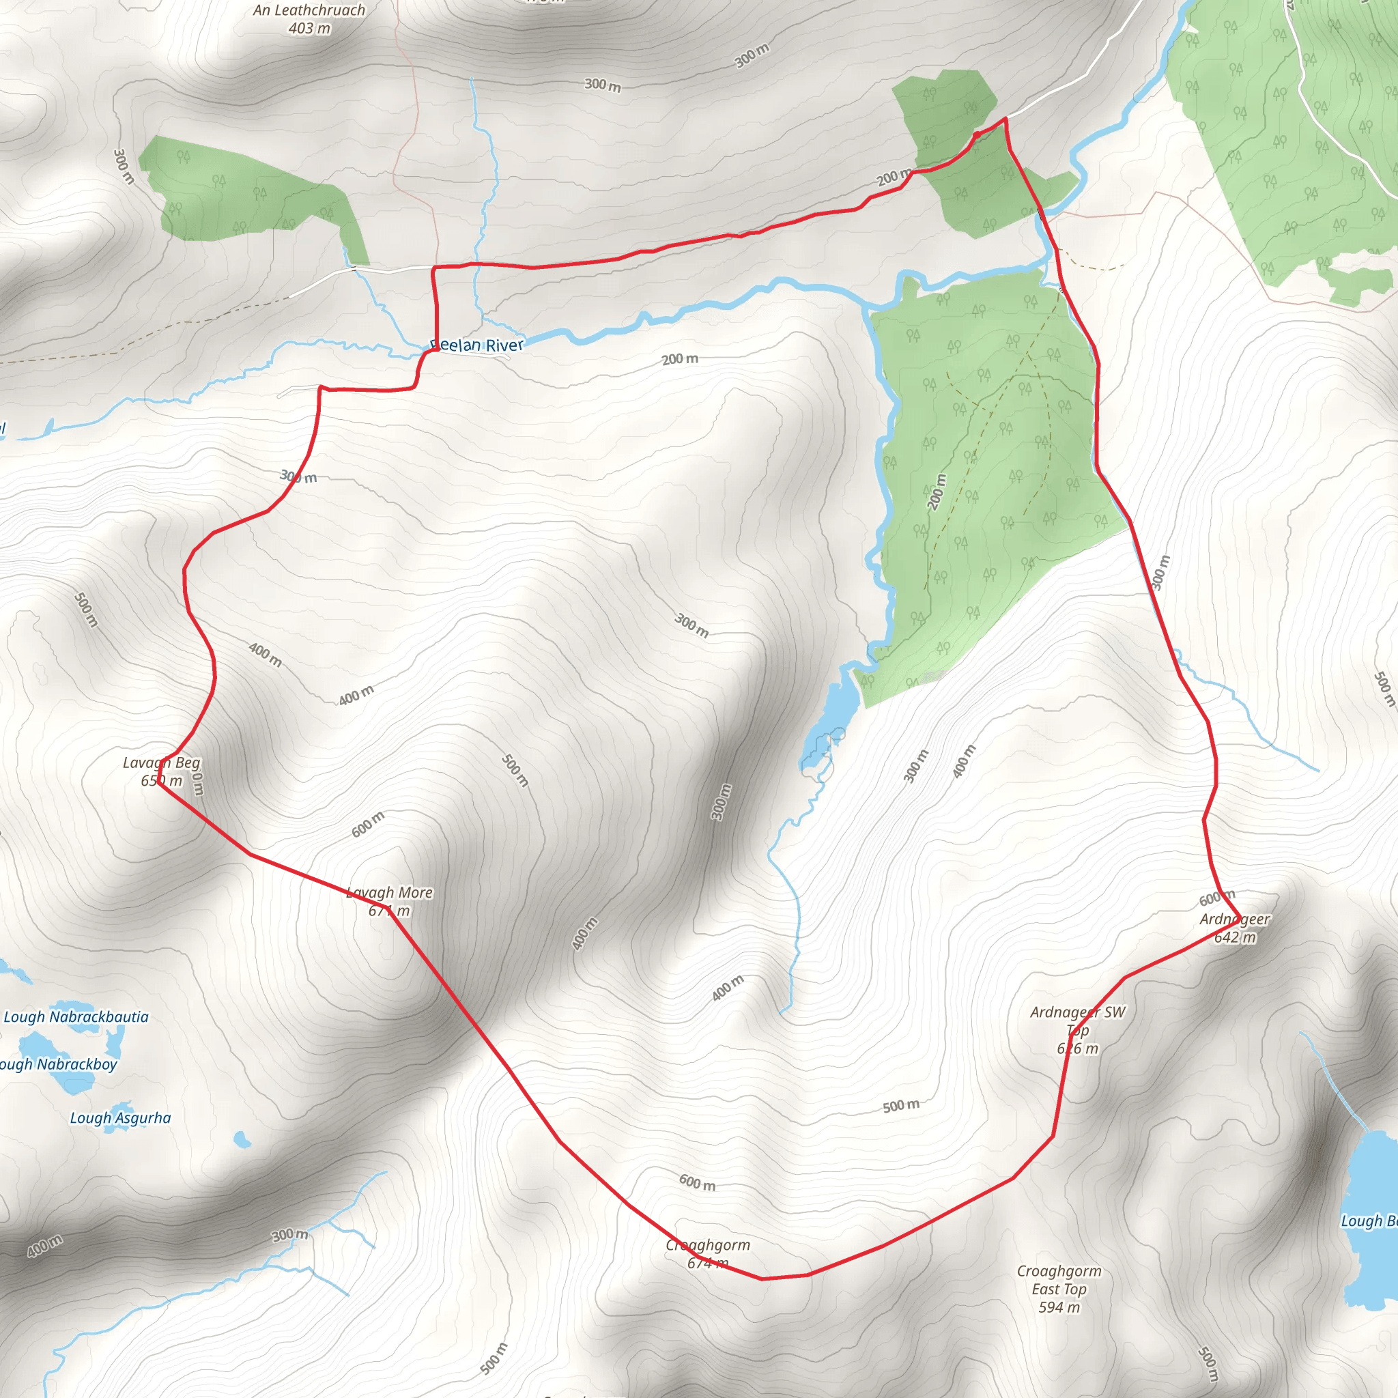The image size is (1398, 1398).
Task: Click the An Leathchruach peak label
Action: pyautogui.click(x=309, y=10)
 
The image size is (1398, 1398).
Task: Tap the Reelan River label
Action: pyautogui.click(x=477, y=345)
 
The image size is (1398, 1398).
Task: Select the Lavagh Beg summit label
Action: pyautogui.click(x=161, y=762)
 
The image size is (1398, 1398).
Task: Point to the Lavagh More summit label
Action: pyautogui.click(x=389, y=893)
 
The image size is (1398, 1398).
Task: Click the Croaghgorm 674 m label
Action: pyautogui.click(x=708, y=1253)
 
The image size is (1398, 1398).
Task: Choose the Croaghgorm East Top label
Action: pyautogui.click(x=1059, y=1280)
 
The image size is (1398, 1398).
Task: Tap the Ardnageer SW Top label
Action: pyautogui.click(x=1077, y=1021)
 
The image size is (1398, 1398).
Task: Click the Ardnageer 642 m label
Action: pyautogui.click(x=1234, y=928)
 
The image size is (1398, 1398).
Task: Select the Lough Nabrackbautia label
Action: pyautogui.click(x=76, y=1016)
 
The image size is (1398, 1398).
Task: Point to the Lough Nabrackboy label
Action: pyautogui.click(x=58, y=1064)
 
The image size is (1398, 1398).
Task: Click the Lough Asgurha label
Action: pyautogui.click(x=120, y=1118)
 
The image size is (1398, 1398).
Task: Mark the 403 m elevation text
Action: pyautogui.click(x=309, y=29)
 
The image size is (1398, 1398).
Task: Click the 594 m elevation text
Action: pyautogui.click(x=1059, y=1307)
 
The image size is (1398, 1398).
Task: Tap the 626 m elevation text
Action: pyautogui.click(x=1077, y=1048)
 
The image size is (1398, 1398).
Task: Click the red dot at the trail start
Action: pyautogui.click(x=977, y=134)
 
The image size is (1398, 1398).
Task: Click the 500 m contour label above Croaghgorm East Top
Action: pyautogui.click(x=901, y=1106)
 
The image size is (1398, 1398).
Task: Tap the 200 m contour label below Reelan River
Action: pyautogui.click(x=680, y=359)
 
